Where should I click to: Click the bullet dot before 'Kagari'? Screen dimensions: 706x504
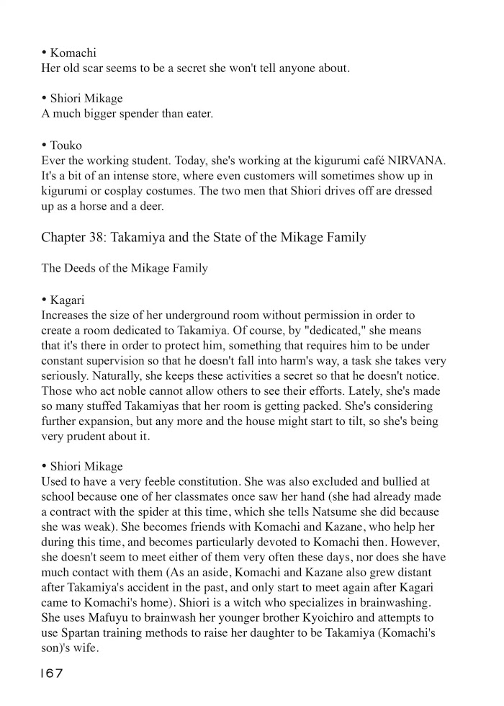[x=44, y=299]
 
